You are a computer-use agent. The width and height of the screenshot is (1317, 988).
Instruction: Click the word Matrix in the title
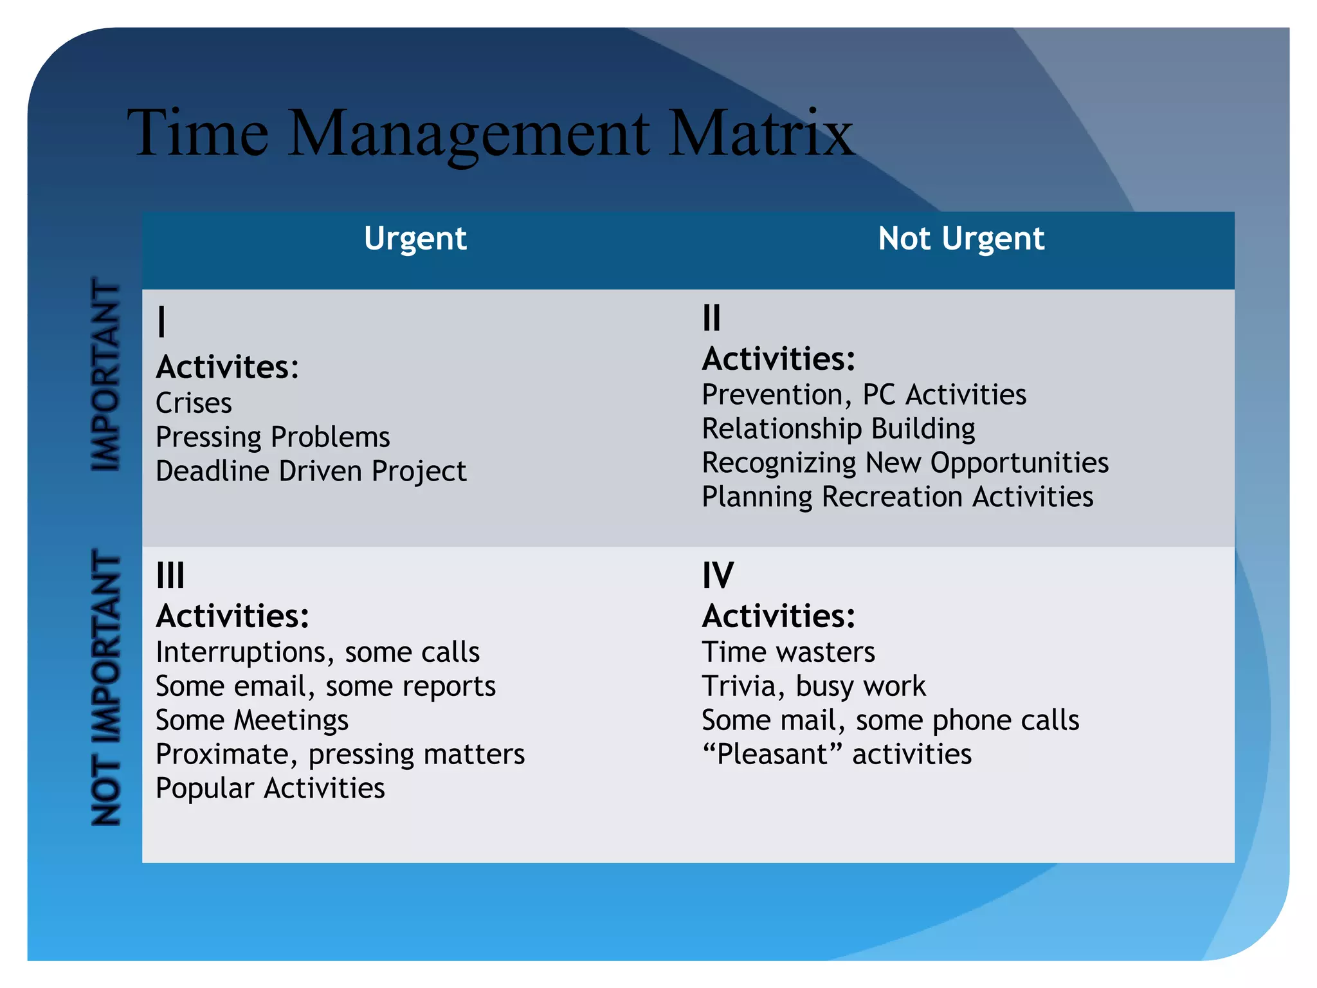761,133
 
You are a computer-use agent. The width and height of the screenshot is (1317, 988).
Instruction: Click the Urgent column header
415,239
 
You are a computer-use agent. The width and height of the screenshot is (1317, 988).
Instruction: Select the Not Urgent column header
961,239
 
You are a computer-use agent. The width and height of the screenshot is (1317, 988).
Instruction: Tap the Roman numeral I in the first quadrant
161,322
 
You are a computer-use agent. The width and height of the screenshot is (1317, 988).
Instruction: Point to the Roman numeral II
711,318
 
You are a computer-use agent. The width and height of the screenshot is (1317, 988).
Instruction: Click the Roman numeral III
170,575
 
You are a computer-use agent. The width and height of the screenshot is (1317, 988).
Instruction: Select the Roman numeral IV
718,575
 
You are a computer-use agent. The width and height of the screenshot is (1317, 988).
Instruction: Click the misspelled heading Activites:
227,367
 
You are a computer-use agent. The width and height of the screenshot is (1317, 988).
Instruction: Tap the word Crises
194,403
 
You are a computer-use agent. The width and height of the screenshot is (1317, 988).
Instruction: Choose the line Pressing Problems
273,437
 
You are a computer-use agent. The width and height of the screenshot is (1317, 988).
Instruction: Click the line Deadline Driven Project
311,471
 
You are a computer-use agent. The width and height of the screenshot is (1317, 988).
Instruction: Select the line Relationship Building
838,429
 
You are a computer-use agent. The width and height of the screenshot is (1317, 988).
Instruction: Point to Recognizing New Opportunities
905,463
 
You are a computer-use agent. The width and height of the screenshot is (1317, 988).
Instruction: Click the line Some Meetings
252,720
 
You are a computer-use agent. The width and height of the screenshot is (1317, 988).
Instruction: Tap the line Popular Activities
270,789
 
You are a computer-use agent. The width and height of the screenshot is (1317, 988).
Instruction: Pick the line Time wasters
788,652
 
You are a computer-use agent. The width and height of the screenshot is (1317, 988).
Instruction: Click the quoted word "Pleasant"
772,755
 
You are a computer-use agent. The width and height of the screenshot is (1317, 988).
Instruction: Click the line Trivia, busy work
813,686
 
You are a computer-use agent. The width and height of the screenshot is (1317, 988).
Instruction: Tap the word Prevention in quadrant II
772,395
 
